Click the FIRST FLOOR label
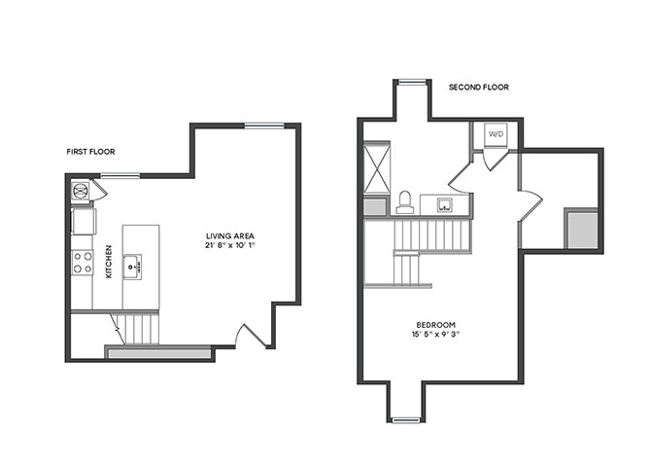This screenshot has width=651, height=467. (90, 152)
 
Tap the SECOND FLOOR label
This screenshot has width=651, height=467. (479, 88)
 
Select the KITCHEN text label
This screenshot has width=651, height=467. (109, 262)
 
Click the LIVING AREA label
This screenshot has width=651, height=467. (230, 235)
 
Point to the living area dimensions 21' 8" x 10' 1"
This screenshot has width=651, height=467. (229, 245)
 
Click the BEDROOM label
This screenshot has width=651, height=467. (435, 325)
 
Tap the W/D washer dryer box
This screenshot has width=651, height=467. (497, 134)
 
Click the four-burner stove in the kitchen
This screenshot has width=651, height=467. (83, 263)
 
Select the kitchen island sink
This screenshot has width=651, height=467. (132, 267)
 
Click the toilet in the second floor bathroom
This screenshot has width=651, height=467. (404, 202)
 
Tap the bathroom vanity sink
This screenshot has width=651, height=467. (445, 204)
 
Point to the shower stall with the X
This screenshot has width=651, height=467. (377, 167)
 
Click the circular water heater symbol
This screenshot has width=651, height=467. (80, 192)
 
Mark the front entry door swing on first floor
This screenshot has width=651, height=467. (252, 336)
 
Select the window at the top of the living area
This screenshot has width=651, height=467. (264, 126)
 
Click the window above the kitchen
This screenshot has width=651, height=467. (120, 176)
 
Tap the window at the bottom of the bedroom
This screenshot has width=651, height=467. (406, 420)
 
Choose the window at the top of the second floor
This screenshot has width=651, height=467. (412, 82)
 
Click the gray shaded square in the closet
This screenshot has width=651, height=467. (582, 230)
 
